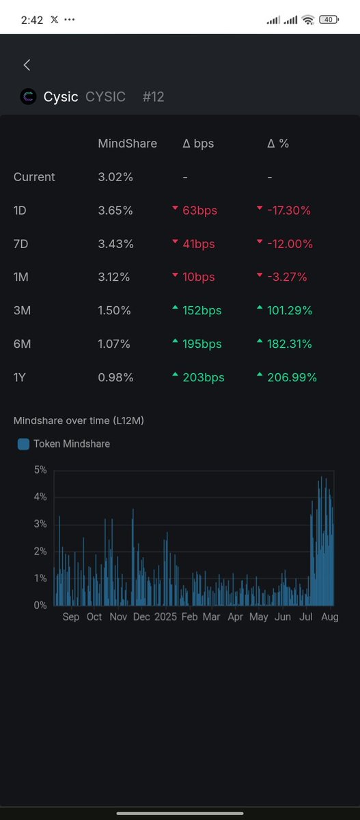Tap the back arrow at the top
pyautogui.click(x=27, y=65)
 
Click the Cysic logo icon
pyautogui.click(x=29, y=97)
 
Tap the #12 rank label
pyautogui.click(x=154, y=97)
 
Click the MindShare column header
pyautogui.click(x=127, y=143)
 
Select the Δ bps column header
pyautogui.click(x=199, y=143)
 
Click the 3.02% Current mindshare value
pyautogui.click(x=115, y=177)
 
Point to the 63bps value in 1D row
pyautogui.click(x=199, y=210)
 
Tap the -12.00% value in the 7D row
pyautogui.click(x=288, y=244)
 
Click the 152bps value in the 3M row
pyautogui.click(x=202, y=310)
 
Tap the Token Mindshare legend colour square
pyautogui.click(x=23, y=444)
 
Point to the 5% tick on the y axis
pyautogui.click(x=40, y=470)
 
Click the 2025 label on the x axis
pyautogui.click(x=165, y=617)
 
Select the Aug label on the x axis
pyautogui.click(x=330, y=617)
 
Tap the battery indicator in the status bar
pyautogui.click(x=328, y=20)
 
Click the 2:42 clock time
pyautogui.click(x=31, y=20)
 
